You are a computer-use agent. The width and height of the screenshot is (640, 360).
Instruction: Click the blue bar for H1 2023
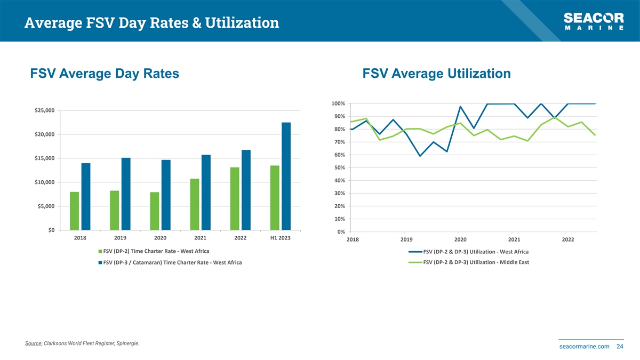[x=286, y=176]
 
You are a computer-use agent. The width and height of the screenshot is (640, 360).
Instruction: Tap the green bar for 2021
[x=195, y=204]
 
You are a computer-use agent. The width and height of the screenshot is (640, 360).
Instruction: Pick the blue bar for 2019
[x=126, y=194]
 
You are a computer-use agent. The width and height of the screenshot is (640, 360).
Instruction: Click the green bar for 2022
[x=235, y=198]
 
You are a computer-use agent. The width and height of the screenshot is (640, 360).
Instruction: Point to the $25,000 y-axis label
[x=44, y=110]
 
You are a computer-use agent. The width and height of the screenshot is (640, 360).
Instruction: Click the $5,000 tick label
[x=46, y=206]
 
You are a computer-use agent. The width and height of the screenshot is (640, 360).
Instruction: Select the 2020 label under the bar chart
[x=161, y=238]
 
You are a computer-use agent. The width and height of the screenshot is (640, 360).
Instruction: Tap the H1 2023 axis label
[x=281, y=238]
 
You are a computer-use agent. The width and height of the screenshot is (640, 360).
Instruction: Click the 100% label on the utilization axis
[x=338, y=103]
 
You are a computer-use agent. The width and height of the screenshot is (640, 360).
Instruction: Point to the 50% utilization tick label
[x=339, y=168]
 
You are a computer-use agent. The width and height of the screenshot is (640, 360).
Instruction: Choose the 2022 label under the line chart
[x=568, y=239]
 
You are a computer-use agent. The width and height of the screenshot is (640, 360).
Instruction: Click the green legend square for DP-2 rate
[x=100, y=251]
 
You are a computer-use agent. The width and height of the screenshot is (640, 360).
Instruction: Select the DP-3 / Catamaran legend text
[x=172, y=262]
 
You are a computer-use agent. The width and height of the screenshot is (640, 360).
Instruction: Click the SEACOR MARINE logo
[x=594, y=22]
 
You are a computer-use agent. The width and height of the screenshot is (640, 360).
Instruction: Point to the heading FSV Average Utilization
[x=436, y=74]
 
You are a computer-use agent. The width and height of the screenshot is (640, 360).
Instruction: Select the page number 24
[x=620, y=347]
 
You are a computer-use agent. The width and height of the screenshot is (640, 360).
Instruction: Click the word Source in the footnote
[x=34, y=343]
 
